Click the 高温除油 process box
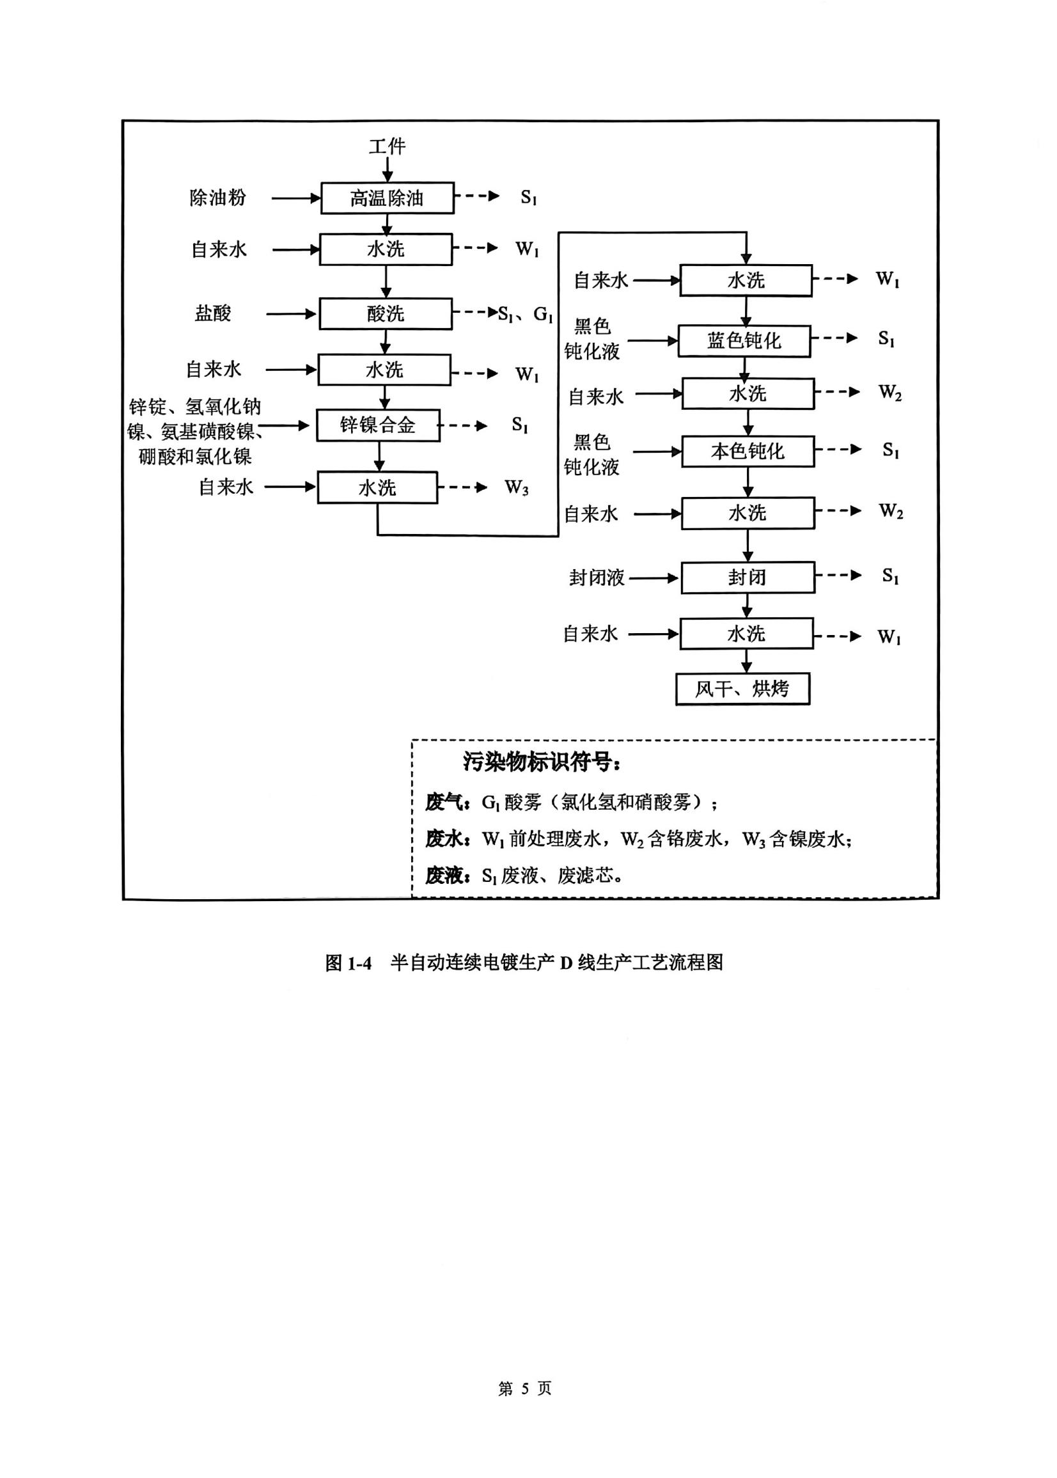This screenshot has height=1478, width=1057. coord(388,198)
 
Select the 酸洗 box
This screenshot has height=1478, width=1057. coord(386,313)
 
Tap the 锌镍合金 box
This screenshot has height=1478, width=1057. coord(377,425)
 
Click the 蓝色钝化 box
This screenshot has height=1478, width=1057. coord(744,341)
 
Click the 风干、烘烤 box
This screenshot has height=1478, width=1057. coord(742,689)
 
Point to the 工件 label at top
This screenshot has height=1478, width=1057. coord(388,146)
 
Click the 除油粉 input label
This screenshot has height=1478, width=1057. coord(217,198)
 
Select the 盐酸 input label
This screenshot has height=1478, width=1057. coord(213,313)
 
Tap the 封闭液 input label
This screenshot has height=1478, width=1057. coord(596,578)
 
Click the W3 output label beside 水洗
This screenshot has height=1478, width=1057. coord(516,487)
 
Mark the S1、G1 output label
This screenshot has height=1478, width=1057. coord(525,315)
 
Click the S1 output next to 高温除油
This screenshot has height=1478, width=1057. coord(528,197)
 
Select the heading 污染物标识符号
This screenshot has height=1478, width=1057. coord(542,762)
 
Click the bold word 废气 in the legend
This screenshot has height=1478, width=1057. coord(444,803)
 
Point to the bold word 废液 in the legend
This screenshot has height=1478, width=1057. coord(444,876)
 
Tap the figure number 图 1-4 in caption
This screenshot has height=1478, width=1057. coord(348,963)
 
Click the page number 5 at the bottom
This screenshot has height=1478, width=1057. coord(524,1388)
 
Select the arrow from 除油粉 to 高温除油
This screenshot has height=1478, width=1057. coord(295,198)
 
